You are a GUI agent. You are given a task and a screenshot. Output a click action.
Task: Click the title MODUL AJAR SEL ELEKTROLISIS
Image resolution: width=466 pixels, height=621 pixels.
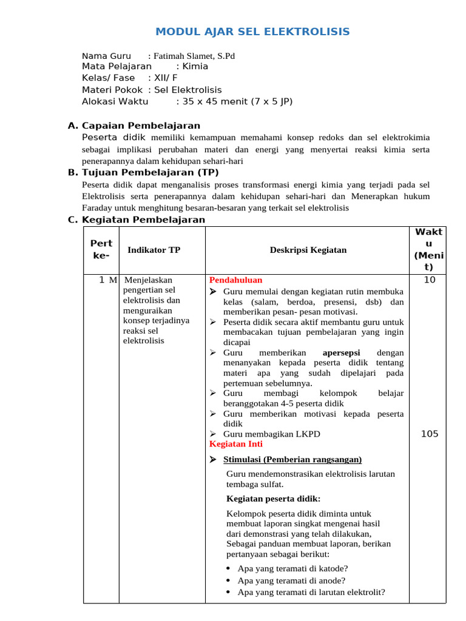point(252,32)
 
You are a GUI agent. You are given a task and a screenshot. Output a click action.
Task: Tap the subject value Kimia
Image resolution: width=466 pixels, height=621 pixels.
point(195,67)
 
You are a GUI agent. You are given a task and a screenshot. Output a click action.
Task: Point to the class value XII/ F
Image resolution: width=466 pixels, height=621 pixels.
point(166,78)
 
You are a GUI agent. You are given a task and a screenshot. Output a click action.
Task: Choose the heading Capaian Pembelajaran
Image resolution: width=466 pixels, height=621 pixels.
point(141,126)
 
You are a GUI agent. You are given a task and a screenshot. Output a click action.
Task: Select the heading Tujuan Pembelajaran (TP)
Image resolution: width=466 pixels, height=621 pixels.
point(150,173)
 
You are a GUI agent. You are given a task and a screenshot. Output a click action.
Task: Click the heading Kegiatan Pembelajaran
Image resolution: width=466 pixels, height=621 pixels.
point(143,220)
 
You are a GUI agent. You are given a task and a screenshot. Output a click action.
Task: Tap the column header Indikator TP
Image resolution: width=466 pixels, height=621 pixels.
point(154,250)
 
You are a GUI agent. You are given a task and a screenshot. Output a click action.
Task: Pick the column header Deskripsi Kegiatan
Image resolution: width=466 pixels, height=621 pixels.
point(308,250)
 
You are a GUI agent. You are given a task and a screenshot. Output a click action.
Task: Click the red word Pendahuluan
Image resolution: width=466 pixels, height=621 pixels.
point(236,280)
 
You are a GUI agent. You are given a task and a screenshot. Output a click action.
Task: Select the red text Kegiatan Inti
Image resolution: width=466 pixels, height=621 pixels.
point(236,444)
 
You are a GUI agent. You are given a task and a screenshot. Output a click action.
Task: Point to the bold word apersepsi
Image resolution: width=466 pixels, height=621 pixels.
point(341,352)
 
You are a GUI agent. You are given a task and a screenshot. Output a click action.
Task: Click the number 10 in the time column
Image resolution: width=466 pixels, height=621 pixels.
point(429,280)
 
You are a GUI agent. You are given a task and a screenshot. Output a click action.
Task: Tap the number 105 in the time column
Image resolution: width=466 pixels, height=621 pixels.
point(429,434)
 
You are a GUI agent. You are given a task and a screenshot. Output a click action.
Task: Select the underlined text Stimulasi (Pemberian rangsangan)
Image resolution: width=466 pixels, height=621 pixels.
point(292,459)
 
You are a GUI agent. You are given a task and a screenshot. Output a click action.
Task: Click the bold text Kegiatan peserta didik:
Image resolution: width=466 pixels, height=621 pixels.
point(273,499)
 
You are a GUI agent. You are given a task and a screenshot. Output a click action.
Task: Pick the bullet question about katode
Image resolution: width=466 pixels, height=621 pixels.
point(292,568)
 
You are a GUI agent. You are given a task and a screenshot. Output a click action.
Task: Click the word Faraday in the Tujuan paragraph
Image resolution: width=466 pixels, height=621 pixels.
point(97,208)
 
